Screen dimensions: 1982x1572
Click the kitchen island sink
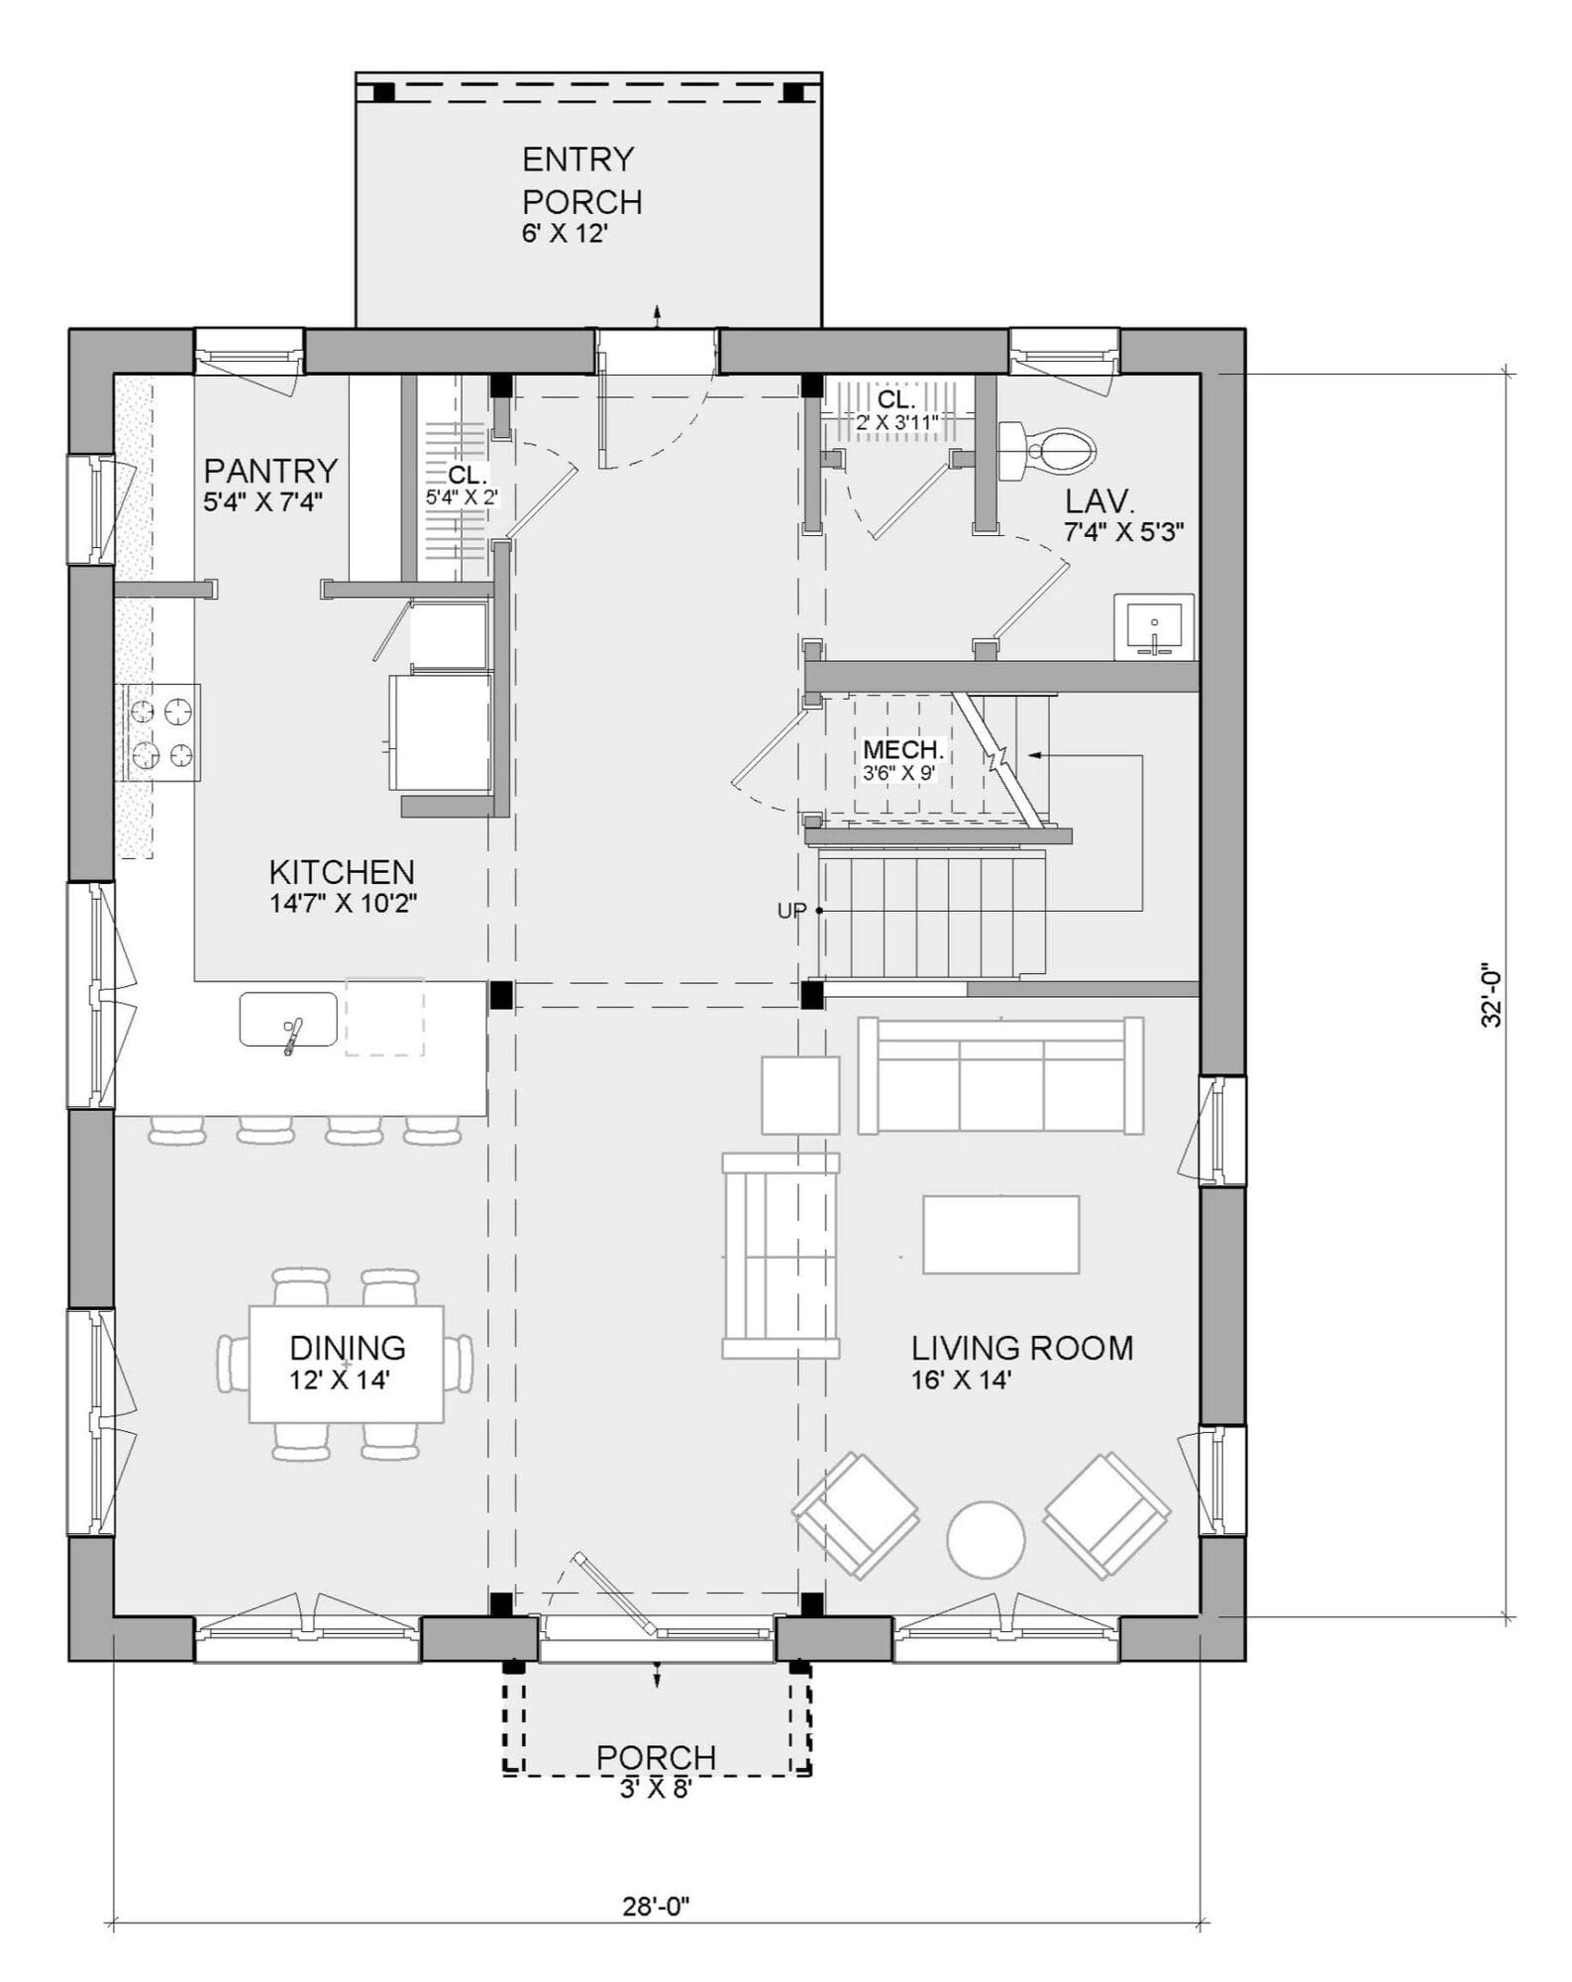click(x=288, y=1019)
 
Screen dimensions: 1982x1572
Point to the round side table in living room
click(x=986, y=1539)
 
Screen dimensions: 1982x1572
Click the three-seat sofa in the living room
click(x=1000, y=1075)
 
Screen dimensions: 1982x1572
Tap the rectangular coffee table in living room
click(x=1000, y=1234)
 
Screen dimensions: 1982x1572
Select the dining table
click(x=346, y=1364)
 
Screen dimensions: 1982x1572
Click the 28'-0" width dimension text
click(x=656, y=1906)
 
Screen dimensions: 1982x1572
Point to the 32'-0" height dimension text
click(x=1492, y=996)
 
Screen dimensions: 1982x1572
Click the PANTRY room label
click(x=270, y=470)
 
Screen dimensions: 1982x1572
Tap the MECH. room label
click(x=902, y=749)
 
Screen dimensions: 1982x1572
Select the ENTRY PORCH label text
click(x=581, y=180)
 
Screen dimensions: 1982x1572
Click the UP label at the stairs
click(x=790, y=911)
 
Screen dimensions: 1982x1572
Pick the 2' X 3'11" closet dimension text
click(x=896, y=421)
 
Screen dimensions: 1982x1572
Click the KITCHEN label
click(x=342, y=872)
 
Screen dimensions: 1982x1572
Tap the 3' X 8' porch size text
click(x=655, y=1789)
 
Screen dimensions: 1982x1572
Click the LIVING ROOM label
click(x=1022, y=1348)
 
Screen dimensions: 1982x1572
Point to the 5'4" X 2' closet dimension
click(x=462, y=497)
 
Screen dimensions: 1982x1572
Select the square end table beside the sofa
click(x=800, y=1095)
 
